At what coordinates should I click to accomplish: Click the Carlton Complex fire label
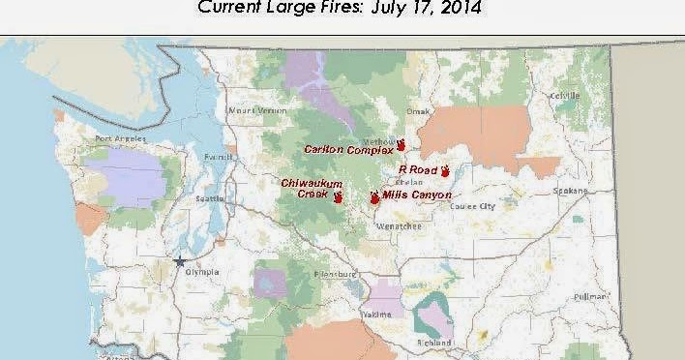pos(348,150)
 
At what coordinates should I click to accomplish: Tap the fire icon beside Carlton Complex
pos(401,145)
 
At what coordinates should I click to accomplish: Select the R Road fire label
pos(418,169)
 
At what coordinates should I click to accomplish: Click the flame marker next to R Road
pos(445,171)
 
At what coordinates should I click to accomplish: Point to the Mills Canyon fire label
pos(417,195)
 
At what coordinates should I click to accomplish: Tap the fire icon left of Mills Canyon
pos(374,197)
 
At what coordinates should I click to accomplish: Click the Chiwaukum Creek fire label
pos(306,188)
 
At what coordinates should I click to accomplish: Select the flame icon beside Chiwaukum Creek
pos(338,196)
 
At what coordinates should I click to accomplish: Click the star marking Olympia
pos(179,260)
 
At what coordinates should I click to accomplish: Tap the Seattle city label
pos(210,198)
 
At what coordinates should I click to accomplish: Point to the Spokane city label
pos(565,191)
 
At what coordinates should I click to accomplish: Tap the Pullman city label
pos(588,296)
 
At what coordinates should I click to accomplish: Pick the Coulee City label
pos(473,206)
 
